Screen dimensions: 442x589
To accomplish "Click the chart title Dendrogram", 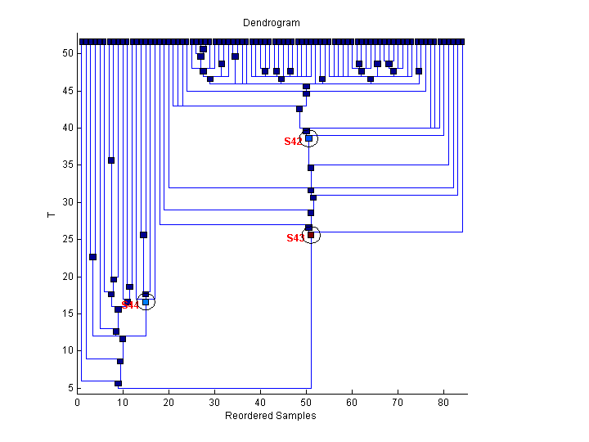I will (271, 23).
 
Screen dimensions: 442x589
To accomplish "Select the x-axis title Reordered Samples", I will (271, 416).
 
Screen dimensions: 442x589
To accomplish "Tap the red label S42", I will (294, 142).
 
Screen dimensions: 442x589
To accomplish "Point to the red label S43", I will (295, 238).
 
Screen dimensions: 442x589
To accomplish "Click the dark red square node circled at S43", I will (311, 235).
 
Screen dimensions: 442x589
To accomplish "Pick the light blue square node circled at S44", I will (146, 302).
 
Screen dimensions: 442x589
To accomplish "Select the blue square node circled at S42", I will (308, 138).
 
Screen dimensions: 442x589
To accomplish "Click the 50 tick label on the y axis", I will (67, 53).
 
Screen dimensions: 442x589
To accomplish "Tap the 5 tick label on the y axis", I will (70, 388).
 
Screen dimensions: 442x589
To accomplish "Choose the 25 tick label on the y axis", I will (67, 239).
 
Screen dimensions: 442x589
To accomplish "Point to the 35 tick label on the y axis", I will (67, 165).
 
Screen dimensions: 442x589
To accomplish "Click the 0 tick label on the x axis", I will (77, 403).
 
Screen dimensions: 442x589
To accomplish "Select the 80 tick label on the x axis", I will (443, 403).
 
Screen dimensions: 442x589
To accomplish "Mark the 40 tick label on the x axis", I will (260, 403).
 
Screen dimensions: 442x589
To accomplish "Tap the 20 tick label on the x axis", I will (169, 403).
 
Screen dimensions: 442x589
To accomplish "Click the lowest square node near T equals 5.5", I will (118, 383).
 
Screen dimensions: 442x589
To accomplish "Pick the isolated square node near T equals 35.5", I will (111, 160).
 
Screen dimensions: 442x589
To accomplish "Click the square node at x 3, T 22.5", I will (92, 257).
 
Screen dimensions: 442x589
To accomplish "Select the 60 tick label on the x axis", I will (352, 403).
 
